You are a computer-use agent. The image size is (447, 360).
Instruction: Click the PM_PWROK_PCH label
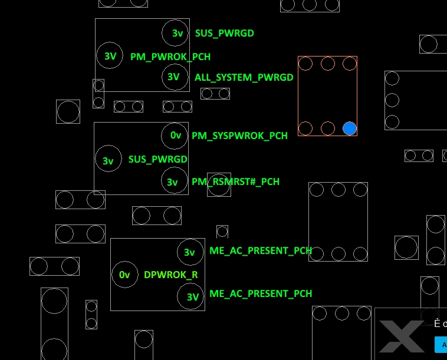coord(170,57)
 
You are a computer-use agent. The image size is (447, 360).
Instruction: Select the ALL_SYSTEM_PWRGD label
coord(244,77)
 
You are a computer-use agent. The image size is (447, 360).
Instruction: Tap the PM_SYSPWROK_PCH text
coord(239,136)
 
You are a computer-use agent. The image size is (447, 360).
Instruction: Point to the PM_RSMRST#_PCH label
coord(235,181)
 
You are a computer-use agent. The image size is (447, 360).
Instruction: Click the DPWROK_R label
coord(170,275)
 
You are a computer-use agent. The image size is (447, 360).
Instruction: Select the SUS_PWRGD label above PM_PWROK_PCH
coord(224,33)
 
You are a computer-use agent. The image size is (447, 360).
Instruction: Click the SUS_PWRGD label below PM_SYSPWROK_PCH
coord(157,159)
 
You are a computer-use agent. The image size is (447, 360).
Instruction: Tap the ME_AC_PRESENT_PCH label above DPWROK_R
coord(260,250)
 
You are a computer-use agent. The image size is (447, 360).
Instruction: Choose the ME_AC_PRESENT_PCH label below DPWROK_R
coord(260,293)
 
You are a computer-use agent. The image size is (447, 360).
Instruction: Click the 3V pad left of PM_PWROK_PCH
coord(110,56)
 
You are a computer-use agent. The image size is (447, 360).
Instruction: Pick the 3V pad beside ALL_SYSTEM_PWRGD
coord(174,77)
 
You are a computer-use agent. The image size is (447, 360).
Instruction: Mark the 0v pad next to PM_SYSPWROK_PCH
coord(175,136)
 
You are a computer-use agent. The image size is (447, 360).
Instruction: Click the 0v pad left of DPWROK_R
coord(124,275)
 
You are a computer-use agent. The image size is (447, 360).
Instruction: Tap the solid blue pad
coord(350,128)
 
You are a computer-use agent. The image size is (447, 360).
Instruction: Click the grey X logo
coord(401,336)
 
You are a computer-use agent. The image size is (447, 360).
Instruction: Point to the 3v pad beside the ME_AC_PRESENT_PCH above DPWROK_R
coord(190,252)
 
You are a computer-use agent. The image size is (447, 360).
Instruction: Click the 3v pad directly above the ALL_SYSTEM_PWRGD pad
coord(176,33)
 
